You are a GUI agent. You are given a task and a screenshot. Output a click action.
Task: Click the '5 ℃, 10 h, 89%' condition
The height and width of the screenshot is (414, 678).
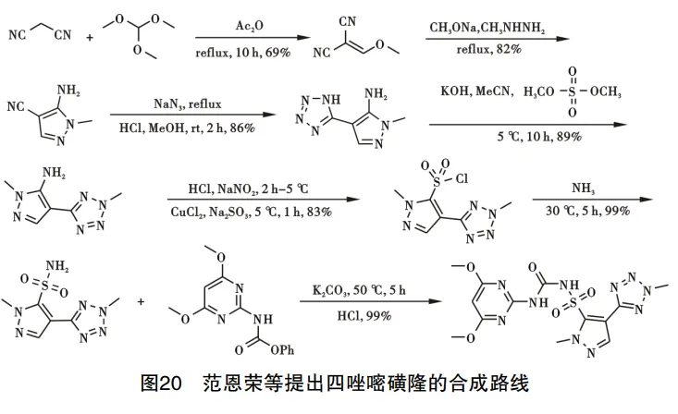pos(528,136)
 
